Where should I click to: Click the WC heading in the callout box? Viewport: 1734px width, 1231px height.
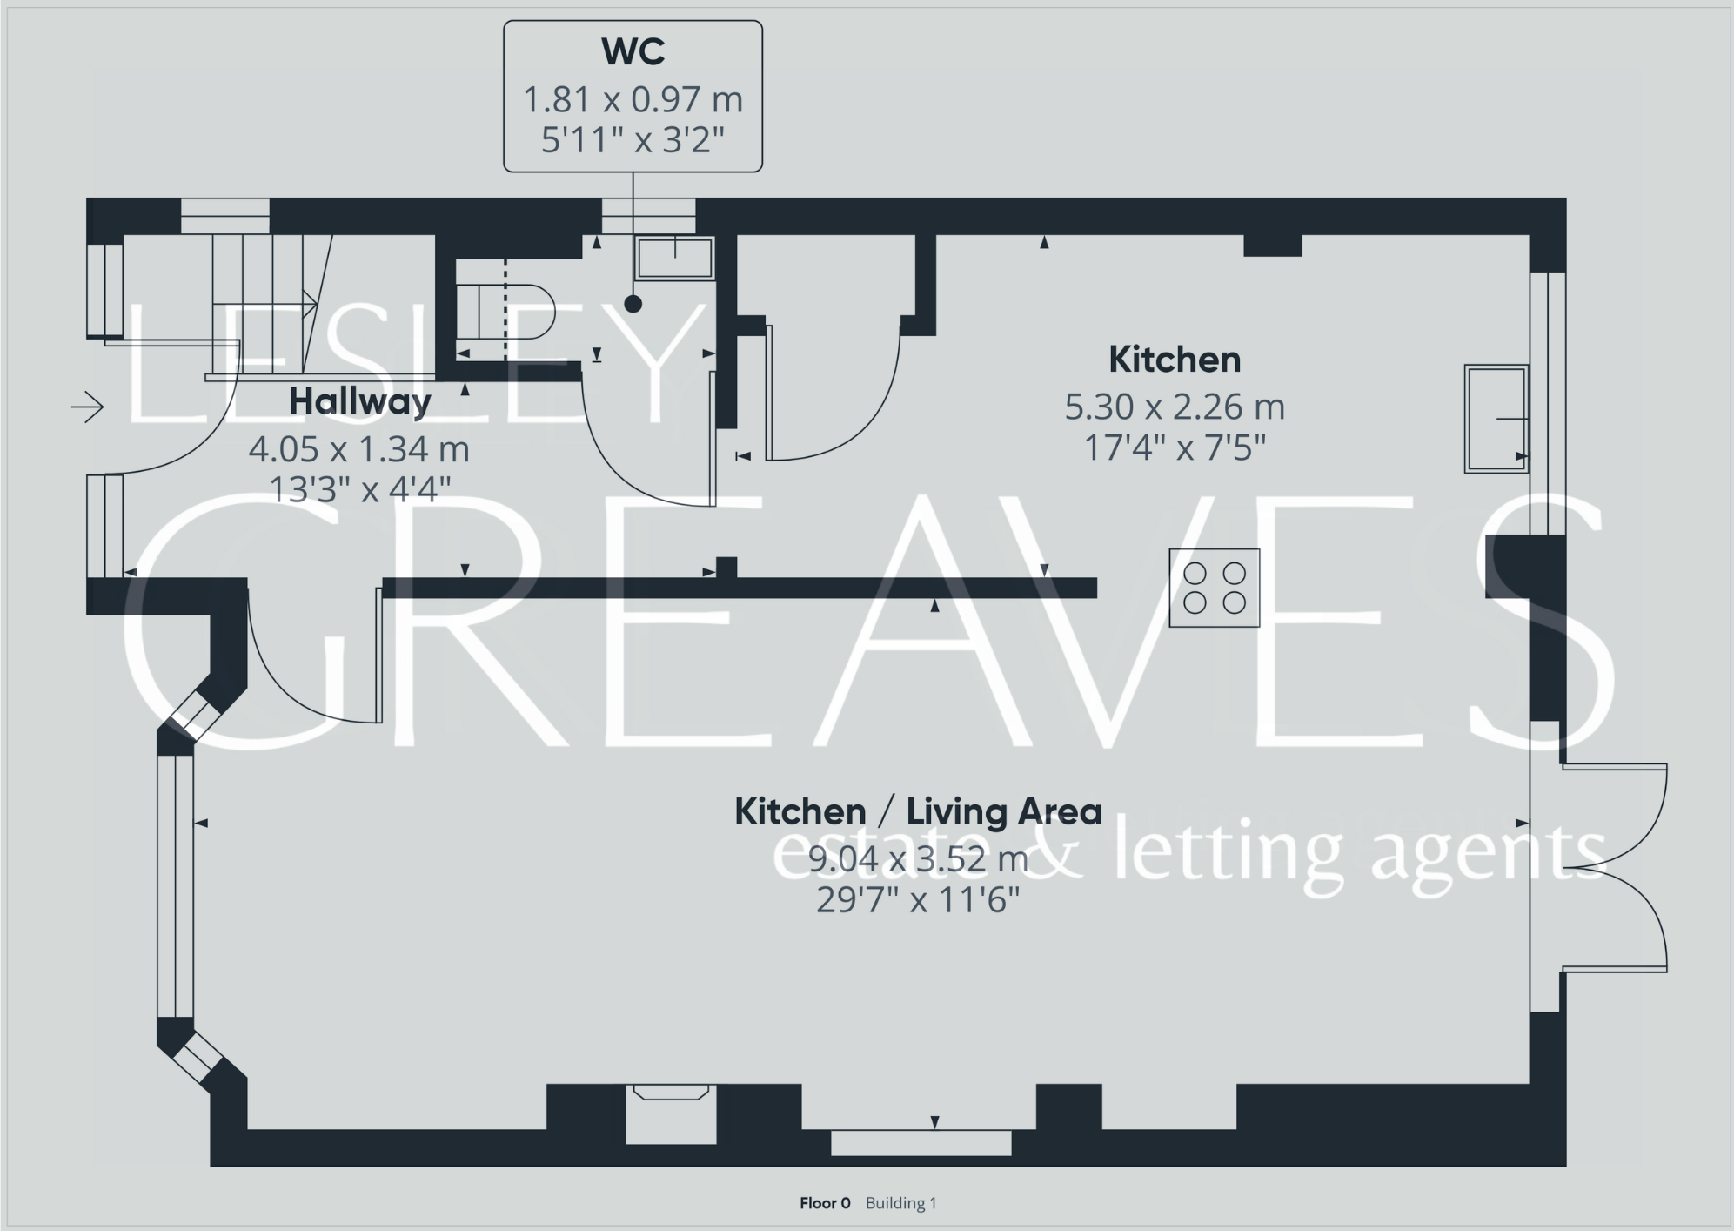pos(633,52)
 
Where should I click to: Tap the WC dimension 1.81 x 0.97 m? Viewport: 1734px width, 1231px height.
pos(633,99)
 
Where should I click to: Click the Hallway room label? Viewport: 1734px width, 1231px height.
pos(359,401)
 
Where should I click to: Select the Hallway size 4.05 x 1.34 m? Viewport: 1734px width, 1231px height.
pos(359,449)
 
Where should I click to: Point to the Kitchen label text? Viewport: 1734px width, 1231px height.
pos(1174,360)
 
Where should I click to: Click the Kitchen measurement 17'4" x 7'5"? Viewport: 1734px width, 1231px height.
pos(1174,448)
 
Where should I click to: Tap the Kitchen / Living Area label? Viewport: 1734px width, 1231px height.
pos(918,811)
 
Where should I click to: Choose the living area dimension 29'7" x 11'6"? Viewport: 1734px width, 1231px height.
pos(918,899)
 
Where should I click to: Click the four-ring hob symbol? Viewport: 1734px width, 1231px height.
pos(1214,588)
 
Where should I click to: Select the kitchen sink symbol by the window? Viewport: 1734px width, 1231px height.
pos(1496,419)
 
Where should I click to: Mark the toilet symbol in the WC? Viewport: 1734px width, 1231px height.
pos(513,312)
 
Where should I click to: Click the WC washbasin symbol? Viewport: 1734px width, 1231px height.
pos(675,259)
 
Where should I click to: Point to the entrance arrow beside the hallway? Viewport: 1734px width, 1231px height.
pos(88,407)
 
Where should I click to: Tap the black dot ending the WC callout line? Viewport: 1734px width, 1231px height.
pos(633,304)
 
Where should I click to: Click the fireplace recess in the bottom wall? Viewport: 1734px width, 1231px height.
pos(671,1114)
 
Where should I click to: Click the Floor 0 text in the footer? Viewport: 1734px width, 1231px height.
pos(825,1203)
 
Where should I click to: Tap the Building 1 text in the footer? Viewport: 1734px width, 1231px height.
pos(900,1203)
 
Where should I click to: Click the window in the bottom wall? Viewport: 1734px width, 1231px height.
pos(921,1143)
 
